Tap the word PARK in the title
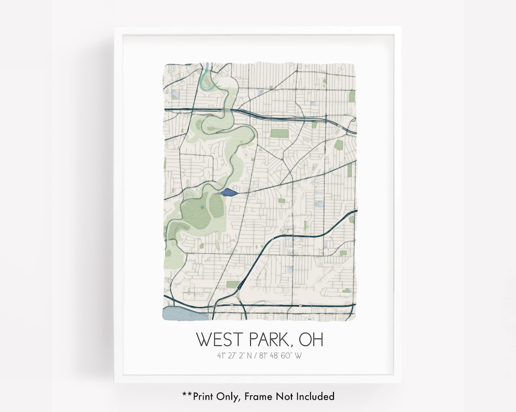click(270, 340)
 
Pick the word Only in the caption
click(229, 396)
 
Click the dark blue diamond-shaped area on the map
click(229, 192)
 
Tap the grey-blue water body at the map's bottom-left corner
click(184, 313)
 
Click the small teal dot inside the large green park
click(203, 207)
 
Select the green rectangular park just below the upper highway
click(279, 133)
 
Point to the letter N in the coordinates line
click(251, 355)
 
